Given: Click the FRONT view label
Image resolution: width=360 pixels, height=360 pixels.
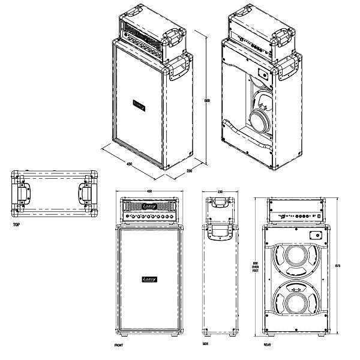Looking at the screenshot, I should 119,346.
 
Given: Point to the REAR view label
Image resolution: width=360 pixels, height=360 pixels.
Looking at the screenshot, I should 268,346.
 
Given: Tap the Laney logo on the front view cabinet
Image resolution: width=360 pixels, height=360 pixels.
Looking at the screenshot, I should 149,280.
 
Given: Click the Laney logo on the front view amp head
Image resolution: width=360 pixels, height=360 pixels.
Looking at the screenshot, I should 149,206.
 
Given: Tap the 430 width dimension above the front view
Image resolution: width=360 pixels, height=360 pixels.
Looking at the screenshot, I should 149,191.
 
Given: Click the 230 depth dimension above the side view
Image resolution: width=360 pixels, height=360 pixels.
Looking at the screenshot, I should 220,191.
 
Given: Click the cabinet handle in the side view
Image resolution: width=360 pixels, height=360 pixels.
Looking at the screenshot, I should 220,232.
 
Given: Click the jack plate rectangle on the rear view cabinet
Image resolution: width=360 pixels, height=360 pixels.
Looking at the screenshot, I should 316,234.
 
